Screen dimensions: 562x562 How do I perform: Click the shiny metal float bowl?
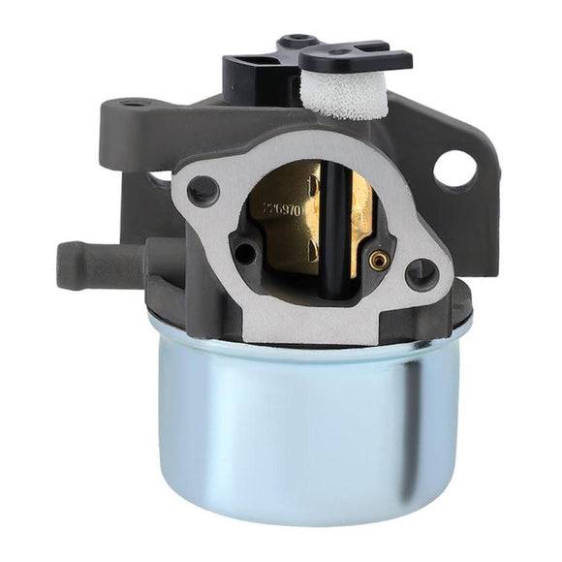pos(291,426)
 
